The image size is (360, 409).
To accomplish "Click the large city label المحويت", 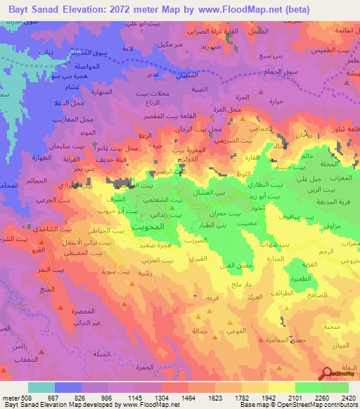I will [x=148, y=228].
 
